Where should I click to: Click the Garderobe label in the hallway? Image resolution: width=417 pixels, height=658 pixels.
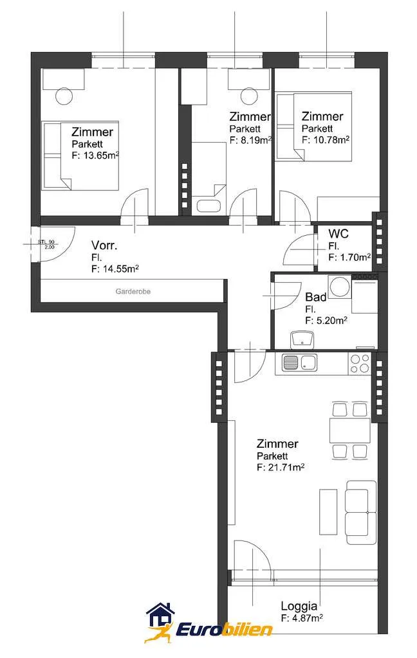pos(133,291)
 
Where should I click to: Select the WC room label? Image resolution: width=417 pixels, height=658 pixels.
pos(338,233)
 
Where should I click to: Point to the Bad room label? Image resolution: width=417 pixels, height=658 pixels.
pos(316,297)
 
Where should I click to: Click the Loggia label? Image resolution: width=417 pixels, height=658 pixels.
pos(299,606)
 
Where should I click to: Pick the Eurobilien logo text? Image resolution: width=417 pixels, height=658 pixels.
pos(225,630)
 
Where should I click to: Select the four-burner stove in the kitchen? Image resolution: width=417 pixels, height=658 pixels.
pos(360,364)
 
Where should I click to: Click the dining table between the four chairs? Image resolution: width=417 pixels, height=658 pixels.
pos(349,431)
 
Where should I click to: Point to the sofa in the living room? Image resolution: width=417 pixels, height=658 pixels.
pos(360,512)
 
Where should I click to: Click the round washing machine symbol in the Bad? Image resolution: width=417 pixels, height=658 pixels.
pos(339,287)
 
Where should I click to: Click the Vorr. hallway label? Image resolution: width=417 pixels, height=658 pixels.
pos(104,245)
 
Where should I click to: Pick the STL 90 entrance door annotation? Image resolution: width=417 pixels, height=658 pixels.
pos(47,244)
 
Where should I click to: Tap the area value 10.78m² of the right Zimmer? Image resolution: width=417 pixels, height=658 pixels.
pos(331,139)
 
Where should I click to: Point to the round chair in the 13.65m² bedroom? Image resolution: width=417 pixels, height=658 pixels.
pos(64,96)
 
